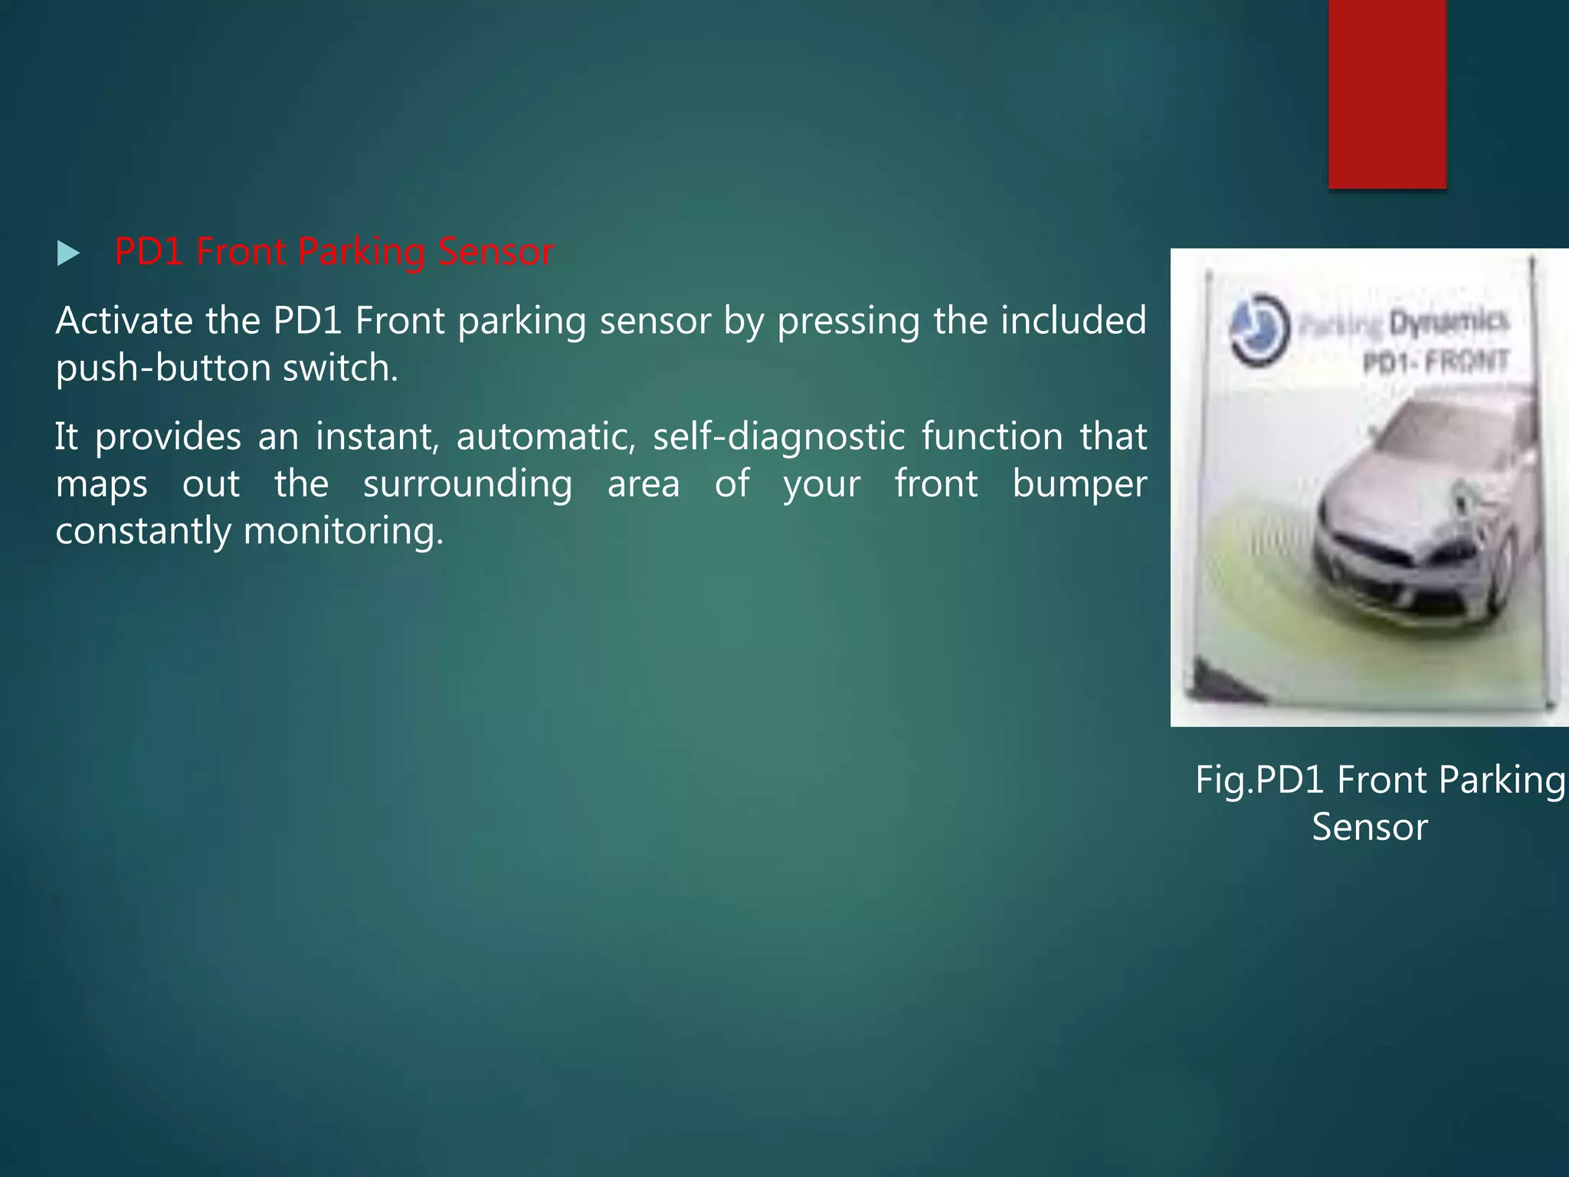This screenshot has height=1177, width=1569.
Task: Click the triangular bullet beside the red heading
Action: click(x=68, y=254)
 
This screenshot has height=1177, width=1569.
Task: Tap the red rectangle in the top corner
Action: click(x=1387, y=92)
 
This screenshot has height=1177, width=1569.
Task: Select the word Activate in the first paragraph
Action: click(x=123, y=320)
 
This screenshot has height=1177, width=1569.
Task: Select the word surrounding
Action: click(x=467, y=484)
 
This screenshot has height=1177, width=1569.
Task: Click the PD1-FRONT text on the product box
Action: click(x=1435, y=361)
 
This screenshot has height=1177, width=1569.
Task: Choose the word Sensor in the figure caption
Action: click(x=1370, y=827)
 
